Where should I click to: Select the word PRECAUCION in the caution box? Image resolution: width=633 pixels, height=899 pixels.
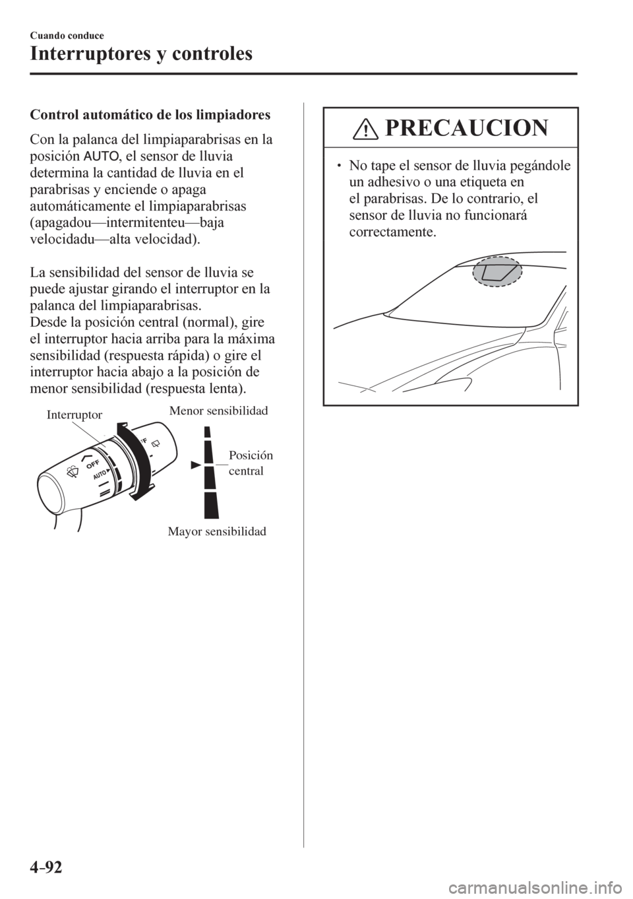pos(463,127)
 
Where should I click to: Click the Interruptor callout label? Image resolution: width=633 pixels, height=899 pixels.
pos(75,414)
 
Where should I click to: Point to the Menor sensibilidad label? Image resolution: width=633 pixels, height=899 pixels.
pos(219,411)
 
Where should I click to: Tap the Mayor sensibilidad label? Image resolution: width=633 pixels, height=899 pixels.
pos(220,531)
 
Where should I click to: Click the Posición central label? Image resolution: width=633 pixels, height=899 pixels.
pos(251,463)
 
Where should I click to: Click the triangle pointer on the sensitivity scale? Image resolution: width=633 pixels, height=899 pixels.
pos(195,465)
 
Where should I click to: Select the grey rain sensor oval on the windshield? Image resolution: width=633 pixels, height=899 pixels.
pos(495,273)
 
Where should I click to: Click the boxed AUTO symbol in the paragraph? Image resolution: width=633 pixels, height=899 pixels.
pos(101,156)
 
